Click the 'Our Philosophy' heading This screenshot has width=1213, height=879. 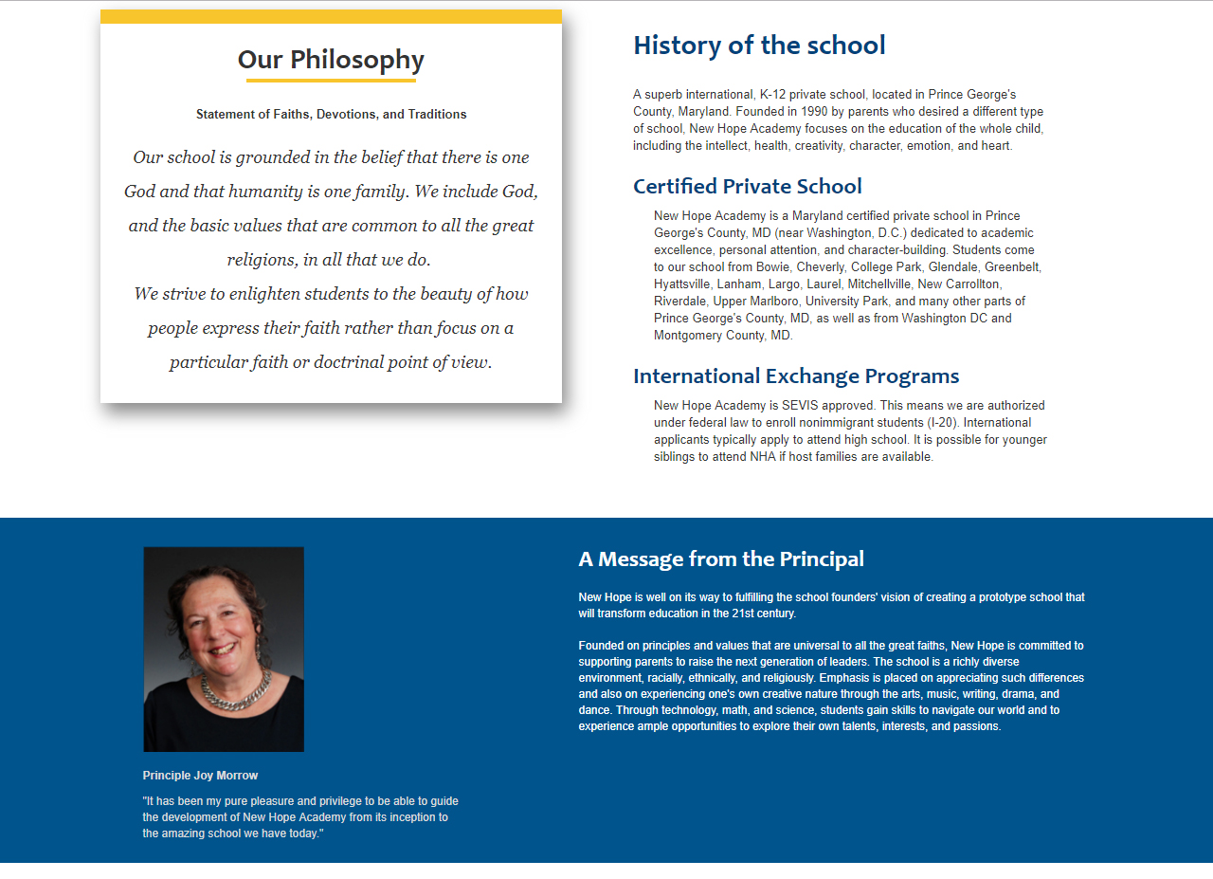pyautogui.click(x=331, y=60)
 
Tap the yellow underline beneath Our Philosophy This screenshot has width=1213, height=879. pyautogui.click(x=331, y=81)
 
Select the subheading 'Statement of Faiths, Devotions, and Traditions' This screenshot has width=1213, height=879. pyautogui.click(x=331, y=114)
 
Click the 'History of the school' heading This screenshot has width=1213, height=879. pyautogui.click(x=759, y=45)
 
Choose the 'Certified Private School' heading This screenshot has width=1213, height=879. pyautogui.click(x=747, y=186)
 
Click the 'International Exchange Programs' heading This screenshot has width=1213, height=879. pyautogui.click(x=796, y=375)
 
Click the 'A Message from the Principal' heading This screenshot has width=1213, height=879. pyautogui.click(x=721, y=559)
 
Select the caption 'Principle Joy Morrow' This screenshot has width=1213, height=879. pyautogui.click(x=200, y=776)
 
